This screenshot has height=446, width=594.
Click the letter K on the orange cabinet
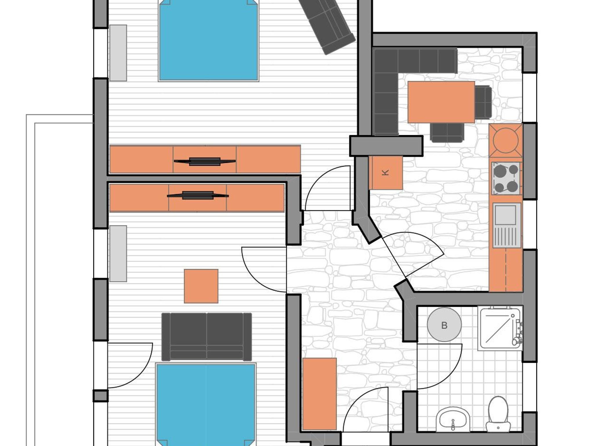pyautogui.click(x=385, y=173)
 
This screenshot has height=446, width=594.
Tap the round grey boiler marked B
pyautogui.click(x=444, y=325)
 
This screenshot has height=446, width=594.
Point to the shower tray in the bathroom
pyautogui.click(x=501, y=329)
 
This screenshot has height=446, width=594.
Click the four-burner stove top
pyautogui.click(x=506, y=178)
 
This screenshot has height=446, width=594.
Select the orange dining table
pyautogui.click(x=441, y=102)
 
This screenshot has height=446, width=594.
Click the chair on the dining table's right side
pyautogui.click(x=483, y=102)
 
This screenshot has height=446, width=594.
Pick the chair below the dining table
pyautogui.click(x=447, y=133)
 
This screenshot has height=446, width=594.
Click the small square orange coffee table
pyautogui.click(x=201, y=286)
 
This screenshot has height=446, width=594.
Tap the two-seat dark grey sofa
pyautogui.click(x=207, y=337)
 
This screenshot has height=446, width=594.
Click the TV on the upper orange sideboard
pyautogui.click(x=205, y=161)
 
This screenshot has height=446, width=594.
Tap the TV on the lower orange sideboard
pyautogui.click(x=198, y=195)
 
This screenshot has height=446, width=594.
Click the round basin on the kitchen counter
pyautogui.click(x=506, y=140)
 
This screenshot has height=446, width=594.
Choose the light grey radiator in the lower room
pyautogui.click(x=118, y=253)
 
